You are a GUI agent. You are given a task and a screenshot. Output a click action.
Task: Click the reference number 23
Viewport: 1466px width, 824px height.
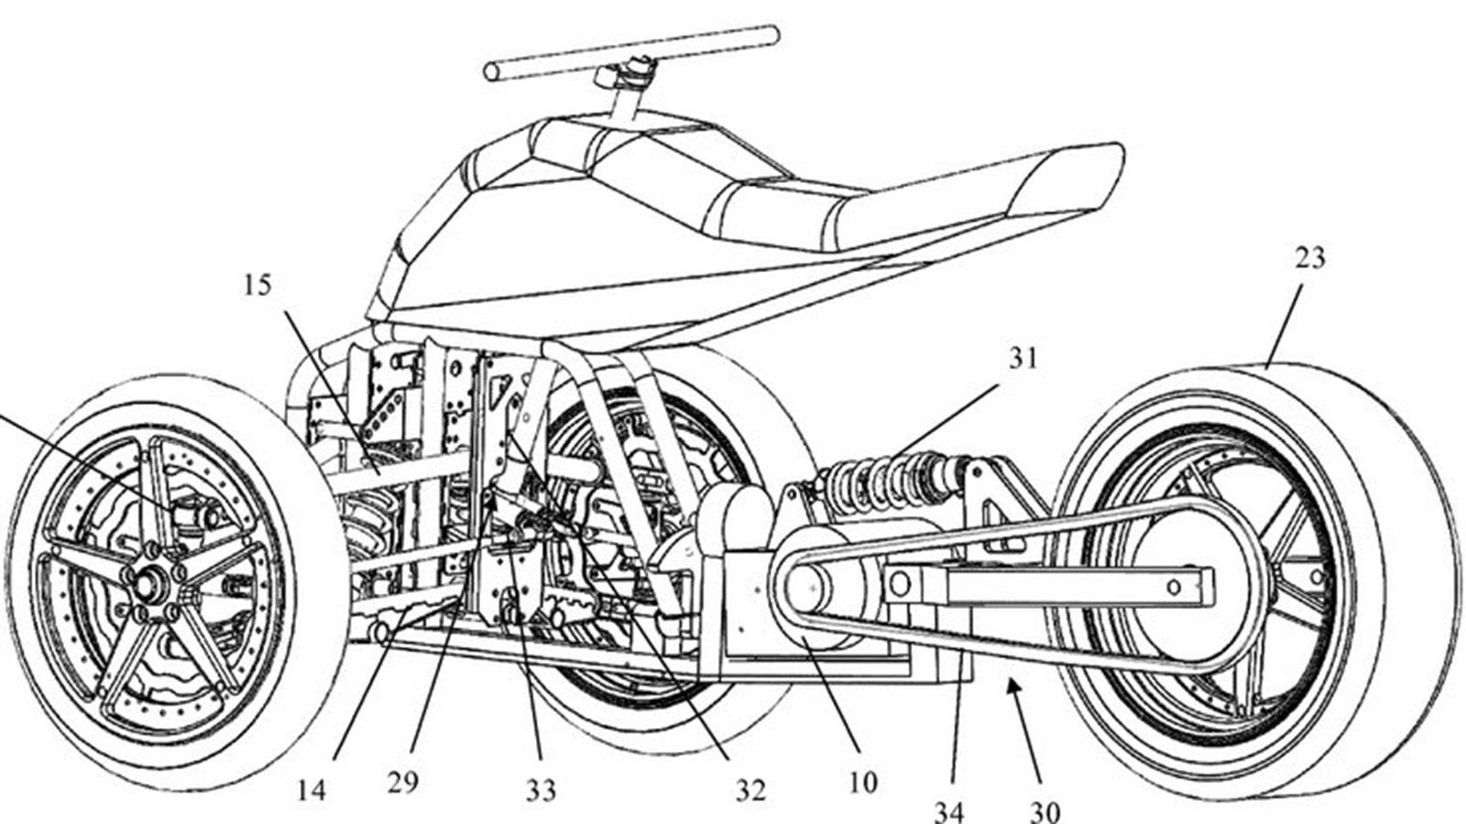point(1309,259)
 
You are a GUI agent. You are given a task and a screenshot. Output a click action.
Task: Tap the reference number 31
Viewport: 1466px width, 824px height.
point(1023,358)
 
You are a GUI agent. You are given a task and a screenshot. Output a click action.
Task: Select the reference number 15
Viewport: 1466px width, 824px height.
point(257,286)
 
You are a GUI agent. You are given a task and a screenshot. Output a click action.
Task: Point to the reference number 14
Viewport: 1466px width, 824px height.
point(312,790)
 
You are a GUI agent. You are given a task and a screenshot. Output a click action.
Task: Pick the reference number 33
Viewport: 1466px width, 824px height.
point(541,789)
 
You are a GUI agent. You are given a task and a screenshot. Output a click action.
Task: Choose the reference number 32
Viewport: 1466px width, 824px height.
point(749,789)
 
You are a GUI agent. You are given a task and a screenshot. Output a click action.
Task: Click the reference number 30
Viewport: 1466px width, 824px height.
point(1045,811)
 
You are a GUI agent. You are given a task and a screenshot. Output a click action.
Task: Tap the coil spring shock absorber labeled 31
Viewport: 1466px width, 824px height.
point(880,481)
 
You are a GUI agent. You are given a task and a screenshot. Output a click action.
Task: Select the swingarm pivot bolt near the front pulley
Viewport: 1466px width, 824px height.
point(901,583)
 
